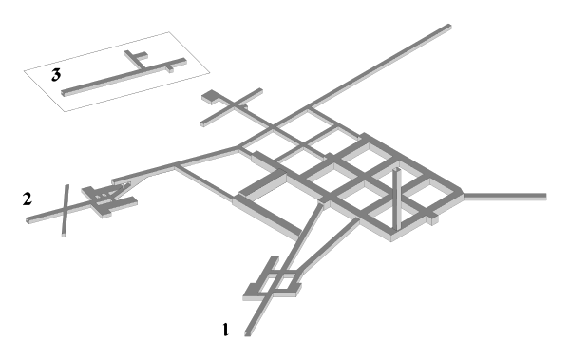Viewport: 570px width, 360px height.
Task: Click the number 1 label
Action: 226,330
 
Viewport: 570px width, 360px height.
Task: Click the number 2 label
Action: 28,199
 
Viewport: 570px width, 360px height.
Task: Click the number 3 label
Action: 56,75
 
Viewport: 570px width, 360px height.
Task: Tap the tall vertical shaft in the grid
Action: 396,199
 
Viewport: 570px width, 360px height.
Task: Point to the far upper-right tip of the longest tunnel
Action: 449,26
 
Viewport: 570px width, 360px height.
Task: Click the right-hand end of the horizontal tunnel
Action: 545,197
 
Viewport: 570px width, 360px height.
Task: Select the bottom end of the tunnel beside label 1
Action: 248,333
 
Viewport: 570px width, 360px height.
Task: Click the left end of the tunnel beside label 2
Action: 28,220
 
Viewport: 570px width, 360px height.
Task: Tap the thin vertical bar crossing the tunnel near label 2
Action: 65,211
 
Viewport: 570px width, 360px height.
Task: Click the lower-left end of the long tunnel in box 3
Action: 65,93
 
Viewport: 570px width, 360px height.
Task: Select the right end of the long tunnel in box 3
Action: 184,61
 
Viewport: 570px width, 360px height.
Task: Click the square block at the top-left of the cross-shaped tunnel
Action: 210,97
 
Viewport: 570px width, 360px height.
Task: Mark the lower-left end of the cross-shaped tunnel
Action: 203,123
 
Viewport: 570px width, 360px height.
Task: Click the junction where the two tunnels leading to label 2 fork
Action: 176,166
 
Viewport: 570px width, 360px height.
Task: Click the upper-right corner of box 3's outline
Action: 169,32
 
